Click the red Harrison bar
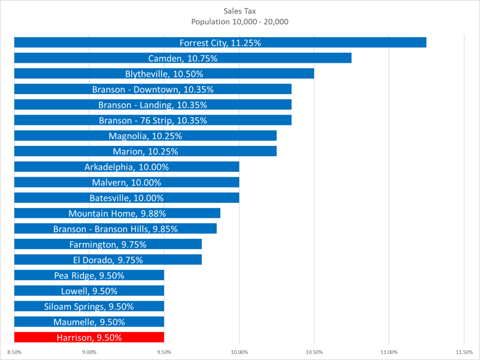(89, 337)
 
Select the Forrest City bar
(220, 43)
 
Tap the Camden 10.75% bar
(183, 58)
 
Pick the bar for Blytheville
(164, 74)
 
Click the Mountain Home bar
(117, 213)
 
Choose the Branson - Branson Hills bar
(115, 229)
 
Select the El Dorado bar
(108, 260)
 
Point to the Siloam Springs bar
(89, 306)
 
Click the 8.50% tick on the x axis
(15, 352)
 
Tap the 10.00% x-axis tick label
(239, 352)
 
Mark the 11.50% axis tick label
(464, 352)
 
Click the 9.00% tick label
(89, 352)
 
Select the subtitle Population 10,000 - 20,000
(240, 22)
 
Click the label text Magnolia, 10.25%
(145, 136)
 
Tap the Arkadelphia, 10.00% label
(127, 167)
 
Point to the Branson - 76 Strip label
(153, 120)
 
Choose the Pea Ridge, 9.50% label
(89, 275)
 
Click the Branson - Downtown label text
(153, 89)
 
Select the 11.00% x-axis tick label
(389, 352)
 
